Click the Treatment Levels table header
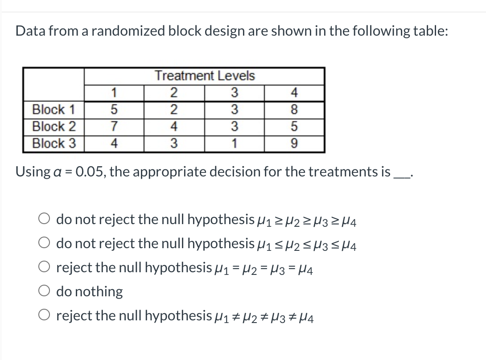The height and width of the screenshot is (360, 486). (x=205, y=76)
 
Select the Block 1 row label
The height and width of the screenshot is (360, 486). (x=54, y=110)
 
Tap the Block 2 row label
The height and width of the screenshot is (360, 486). (x=54, y=127)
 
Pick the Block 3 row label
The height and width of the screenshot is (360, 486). (x=54, y=143)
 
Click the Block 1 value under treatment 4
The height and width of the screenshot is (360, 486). (x=294, y=110)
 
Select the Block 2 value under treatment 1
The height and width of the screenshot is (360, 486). (x=114, y=127)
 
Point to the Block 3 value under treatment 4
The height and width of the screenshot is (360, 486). (x=294, y=143)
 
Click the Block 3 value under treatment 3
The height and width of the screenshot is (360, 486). (x=234, y=143)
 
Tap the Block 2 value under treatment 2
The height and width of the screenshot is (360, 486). (x=174, y=127)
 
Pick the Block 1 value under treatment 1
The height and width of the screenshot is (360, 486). (x=114, y=110)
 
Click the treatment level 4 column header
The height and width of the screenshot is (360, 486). (x=294, y=93)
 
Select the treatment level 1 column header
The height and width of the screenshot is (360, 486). (x=114, y=93)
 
